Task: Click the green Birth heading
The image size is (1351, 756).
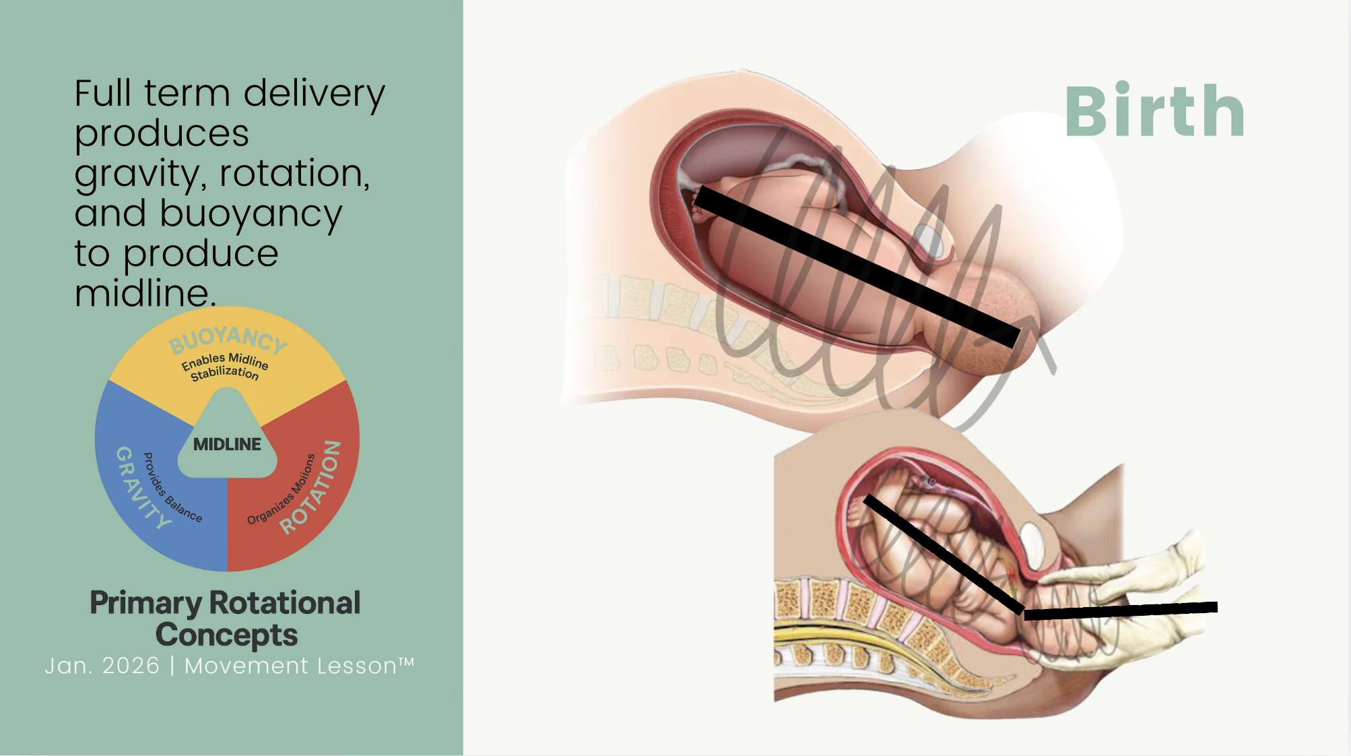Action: click(1154, 112)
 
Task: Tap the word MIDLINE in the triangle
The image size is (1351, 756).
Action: click(227, 444)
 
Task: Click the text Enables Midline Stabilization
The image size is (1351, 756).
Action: click(225, 367)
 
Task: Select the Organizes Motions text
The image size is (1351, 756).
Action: click(281, 489)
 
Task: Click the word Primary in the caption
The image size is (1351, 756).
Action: click(145, 603)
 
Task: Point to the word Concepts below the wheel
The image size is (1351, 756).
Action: click(226, 635)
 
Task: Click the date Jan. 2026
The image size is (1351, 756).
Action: click(102, 666)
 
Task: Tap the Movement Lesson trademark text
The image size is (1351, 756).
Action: click(299, 666)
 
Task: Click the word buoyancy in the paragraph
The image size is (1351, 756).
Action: click(251, 214)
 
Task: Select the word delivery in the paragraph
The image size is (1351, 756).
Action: click(314, 93)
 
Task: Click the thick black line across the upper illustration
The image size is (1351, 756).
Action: click(855, 265)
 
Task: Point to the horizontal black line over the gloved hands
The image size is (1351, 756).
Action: click(1121, 610)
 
